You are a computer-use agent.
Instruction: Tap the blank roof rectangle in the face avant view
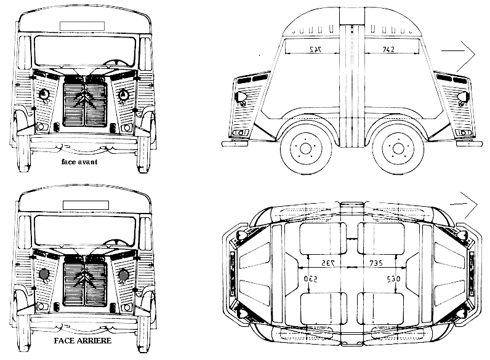point(85,25)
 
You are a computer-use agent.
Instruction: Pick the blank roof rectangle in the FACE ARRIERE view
point(85,202)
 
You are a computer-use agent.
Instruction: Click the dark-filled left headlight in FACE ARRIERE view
point(44,274)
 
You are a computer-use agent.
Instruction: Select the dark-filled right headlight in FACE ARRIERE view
point(124,274)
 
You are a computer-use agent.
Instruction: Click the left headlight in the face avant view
point(44,95)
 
